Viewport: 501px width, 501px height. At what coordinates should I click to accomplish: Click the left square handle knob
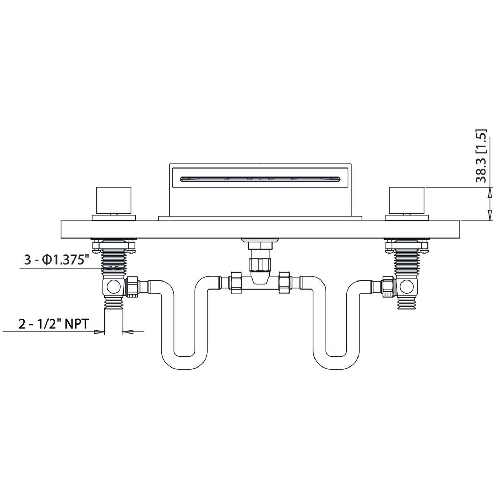point(114,201)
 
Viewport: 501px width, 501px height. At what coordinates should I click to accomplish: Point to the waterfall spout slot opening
point(260,179)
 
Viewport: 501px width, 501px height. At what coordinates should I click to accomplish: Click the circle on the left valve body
point(112,287)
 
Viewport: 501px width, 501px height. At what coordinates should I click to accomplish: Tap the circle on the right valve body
point(407,286)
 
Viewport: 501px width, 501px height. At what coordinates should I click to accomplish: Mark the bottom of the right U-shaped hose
point(336,361)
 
